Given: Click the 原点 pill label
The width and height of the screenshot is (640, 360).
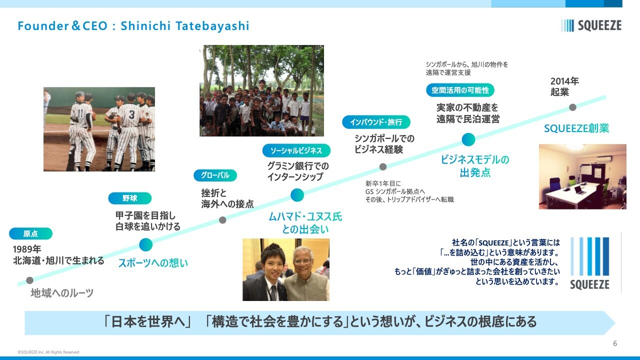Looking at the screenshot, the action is point(30,233).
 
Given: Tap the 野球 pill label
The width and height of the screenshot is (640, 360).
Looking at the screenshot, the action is point(129,198).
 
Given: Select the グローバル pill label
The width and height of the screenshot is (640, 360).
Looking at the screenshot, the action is point(215,175).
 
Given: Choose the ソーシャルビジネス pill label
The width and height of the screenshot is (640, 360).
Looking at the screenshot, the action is point(296,150).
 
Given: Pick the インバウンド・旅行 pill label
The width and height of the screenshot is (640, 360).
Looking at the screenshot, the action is point(376,122).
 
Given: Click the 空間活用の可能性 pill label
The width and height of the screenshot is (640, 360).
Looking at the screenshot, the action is point(460,90).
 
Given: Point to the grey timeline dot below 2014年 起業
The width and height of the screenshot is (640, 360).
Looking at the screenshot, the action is point(572,107).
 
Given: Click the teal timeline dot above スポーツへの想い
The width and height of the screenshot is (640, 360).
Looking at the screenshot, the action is point(145,245).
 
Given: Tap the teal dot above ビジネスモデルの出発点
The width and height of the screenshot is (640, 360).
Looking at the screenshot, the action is point(468,139).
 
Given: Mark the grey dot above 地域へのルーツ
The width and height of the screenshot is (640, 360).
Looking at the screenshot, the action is point(29,280).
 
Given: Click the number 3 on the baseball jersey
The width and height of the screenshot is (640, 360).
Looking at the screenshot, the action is point(131,115).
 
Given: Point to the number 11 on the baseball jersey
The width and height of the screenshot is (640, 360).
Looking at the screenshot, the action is point(80,113).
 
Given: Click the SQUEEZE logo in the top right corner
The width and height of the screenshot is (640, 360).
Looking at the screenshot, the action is point(591,25).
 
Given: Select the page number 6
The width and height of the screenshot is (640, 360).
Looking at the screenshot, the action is point(615,343).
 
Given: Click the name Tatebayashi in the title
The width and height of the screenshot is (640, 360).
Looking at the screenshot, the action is point(212,26).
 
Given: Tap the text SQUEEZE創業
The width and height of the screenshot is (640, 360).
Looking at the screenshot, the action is point(576,128).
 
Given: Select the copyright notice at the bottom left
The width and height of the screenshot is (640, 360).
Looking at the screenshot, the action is point(48,352).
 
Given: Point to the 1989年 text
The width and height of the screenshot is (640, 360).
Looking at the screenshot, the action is point(27,249).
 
